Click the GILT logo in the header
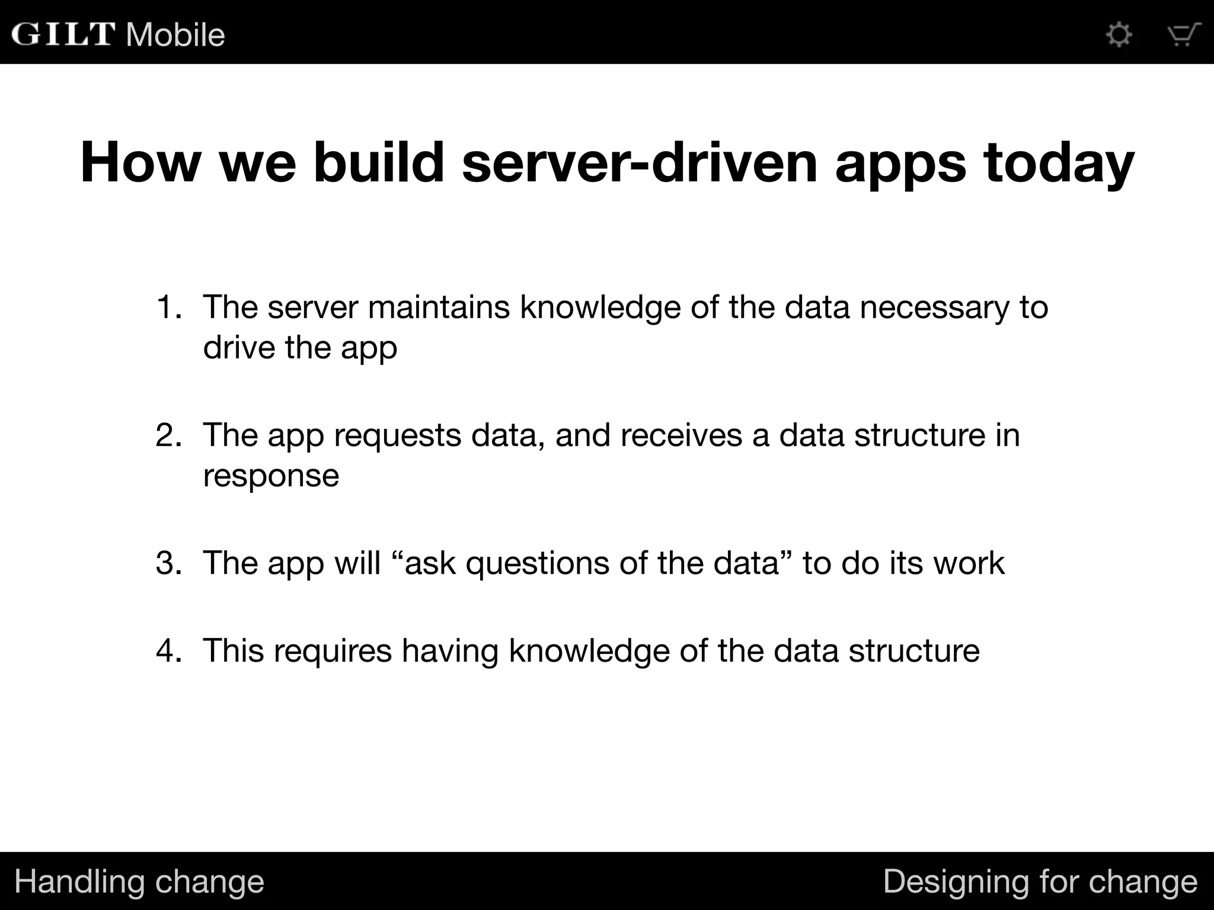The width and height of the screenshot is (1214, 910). coord(63,34)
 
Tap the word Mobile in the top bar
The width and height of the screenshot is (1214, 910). coord(175,35)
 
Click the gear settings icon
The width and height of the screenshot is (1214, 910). coord(1119,34)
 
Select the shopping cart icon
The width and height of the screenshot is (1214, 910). coord(1183,34)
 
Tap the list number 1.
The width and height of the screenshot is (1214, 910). coord(169,307)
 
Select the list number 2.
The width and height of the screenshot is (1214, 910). coord(169,435)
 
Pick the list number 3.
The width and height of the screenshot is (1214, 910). coord(169,563)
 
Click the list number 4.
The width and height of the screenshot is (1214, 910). coord(169,651)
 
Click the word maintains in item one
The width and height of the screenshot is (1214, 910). coord(439,307)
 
